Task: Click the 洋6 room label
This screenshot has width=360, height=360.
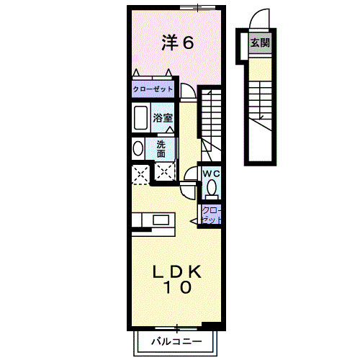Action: click(x=177, y=43)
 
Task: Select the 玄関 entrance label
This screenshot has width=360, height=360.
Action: click(x=260, y=43)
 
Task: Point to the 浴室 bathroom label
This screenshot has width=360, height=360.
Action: click(x=162, y=117)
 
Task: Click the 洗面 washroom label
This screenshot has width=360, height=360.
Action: click(x=161, y=148)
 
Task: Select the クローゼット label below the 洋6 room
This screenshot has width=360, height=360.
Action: click(x=152, y=90)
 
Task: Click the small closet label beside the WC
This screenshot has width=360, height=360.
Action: click(x=212, y=214)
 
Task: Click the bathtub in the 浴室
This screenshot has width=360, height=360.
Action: click(x=140, y=117)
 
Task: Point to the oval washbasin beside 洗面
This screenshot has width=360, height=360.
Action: click(x=138, y=148)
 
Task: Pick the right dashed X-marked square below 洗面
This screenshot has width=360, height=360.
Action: click(x=164, y=173)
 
